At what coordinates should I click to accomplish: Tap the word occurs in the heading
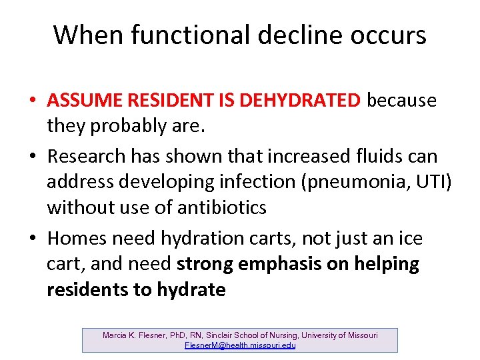[387, 35]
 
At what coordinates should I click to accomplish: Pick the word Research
[86, 157]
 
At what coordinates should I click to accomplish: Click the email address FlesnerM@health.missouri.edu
[240, 345]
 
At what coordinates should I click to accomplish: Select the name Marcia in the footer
[115, 335]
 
